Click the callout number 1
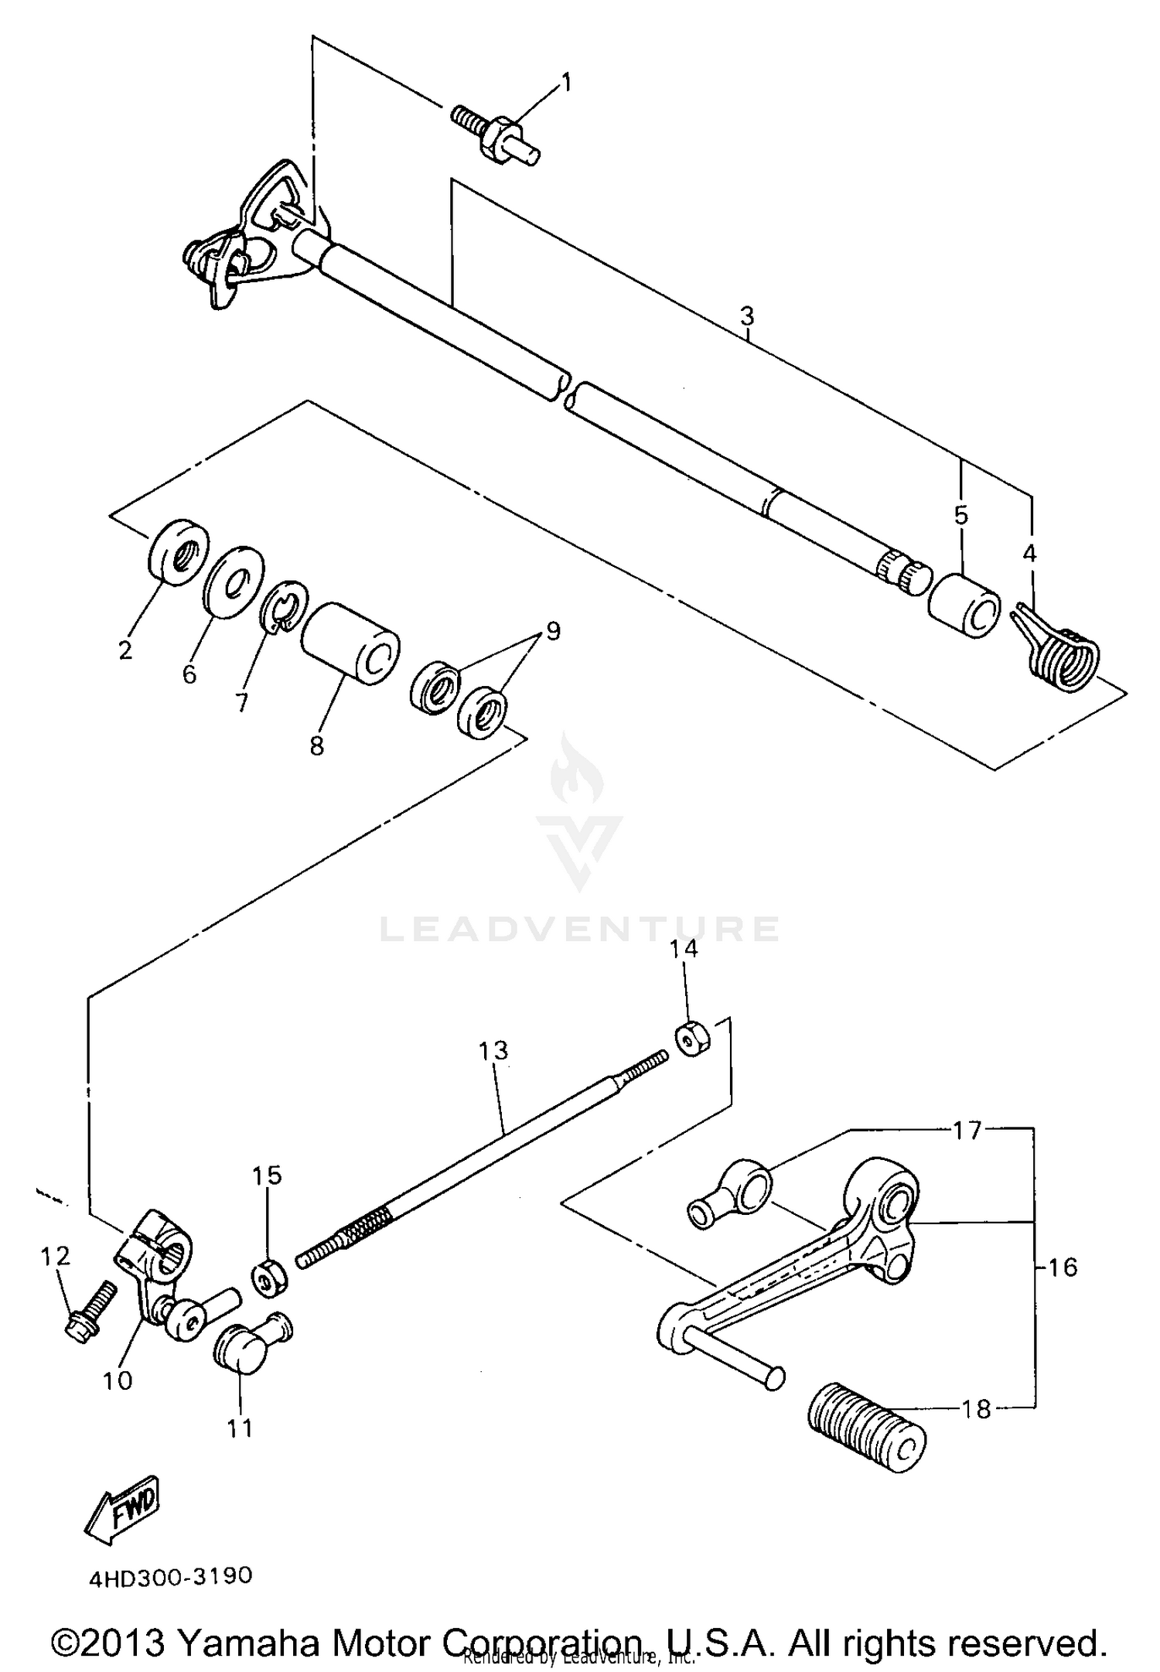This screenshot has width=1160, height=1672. (x=566, y=82)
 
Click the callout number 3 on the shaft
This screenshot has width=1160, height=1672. (x=746, y=316)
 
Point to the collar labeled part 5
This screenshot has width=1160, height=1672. (x=964, y=605)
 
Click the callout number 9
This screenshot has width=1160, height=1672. (x=553, y=631)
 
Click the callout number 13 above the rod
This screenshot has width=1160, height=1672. (x=493, y=1050)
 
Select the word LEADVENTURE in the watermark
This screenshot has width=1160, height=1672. (x=579, y=929)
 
